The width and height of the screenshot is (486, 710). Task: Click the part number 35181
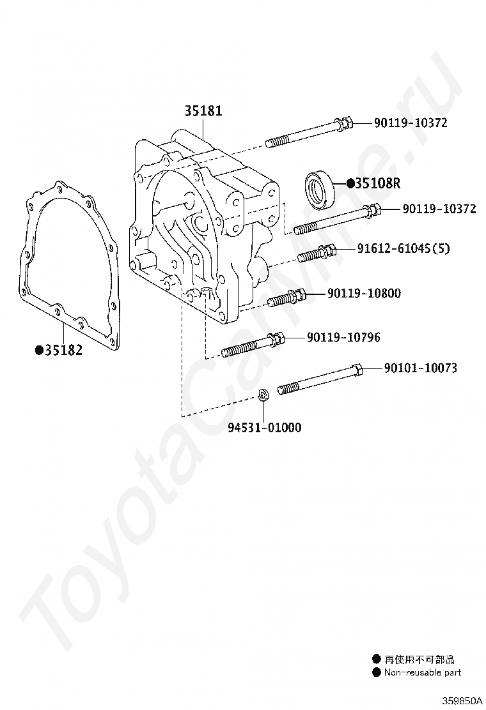(x=203, y=111)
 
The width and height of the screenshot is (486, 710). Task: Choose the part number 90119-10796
(x=343, y=337)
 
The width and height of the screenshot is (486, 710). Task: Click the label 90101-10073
(x=420, y=368)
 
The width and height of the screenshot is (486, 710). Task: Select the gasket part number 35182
(x=63, y=350)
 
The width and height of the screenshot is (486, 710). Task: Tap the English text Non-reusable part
(x=422, y=672)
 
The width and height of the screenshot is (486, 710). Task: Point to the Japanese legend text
(x=419, y=660)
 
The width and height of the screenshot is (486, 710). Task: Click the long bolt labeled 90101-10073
(x=320, y=379)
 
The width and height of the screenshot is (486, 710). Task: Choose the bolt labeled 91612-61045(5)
(x=317, y=253)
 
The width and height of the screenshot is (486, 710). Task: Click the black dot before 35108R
(x=350, y=184)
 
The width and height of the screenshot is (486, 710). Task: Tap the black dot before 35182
(x=38, y=350)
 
